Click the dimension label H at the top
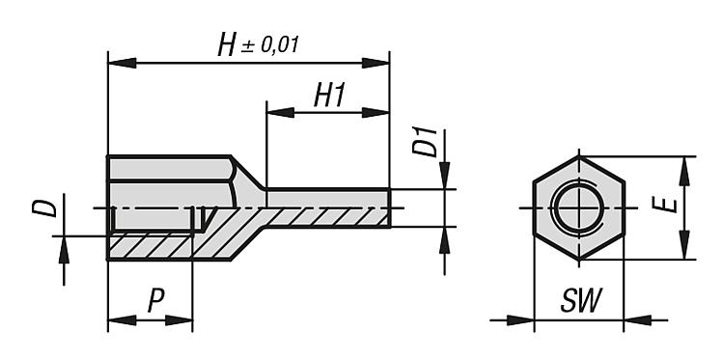226,46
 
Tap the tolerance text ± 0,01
269,45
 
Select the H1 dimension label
329,96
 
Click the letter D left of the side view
44,208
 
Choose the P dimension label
156,301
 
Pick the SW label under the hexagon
581,301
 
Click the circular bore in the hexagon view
579,208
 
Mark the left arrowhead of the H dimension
122,64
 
